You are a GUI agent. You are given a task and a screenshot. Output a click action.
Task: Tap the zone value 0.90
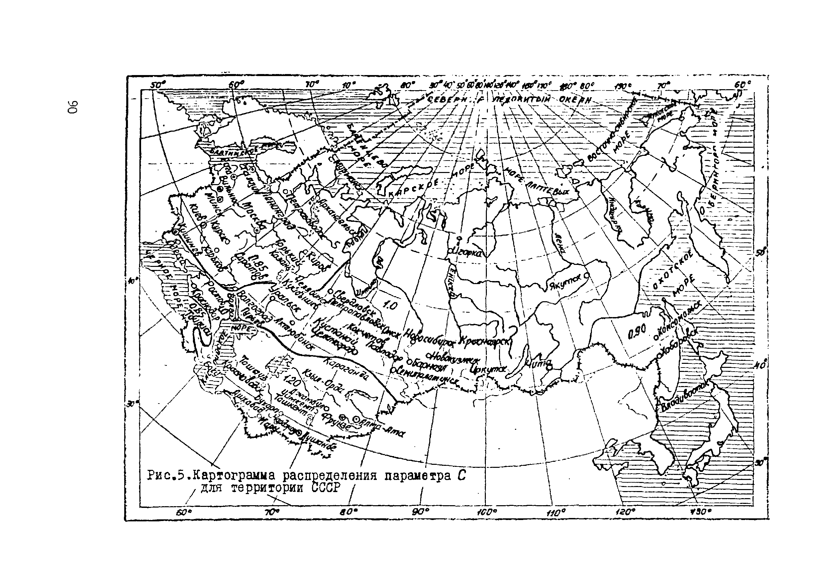coord(636,331)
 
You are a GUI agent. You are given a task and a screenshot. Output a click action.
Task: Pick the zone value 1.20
coord(290,381)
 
